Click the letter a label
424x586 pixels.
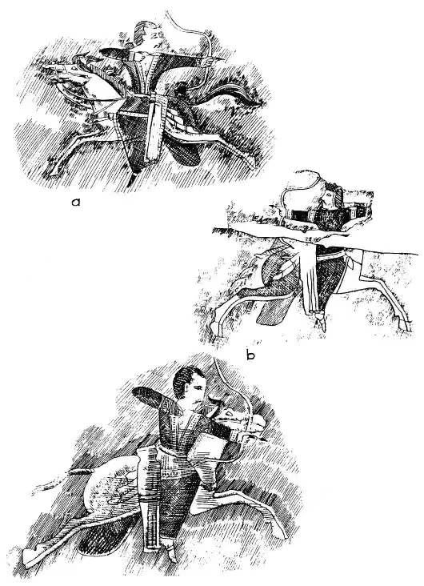[76, 203]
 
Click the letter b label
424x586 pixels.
[250, 355]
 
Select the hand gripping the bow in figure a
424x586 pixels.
[207, 61]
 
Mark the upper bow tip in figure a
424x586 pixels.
[169, 14]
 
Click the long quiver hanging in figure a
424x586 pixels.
[154, 127]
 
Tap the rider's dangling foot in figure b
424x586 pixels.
[321, 321]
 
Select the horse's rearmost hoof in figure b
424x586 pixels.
[406, 326]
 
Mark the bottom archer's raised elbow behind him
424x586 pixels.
[146, 397]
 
